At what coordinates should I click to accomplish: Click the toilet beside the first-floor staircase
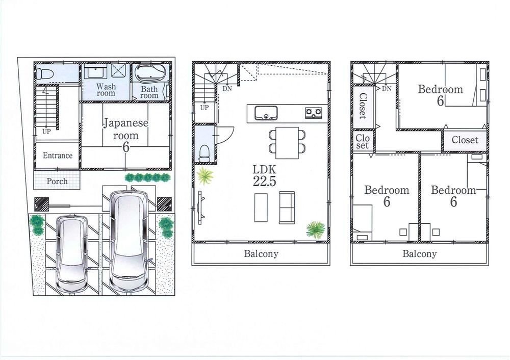pyautogui.click(x=44, y=74)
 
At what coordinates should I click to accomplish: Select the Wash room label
pyautogui.click(x=106, y=90)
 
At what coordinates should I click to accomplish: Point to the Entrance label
pyautogui.click(x=58, y=156)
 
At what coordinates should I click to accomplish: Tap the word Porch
pyautogui.click(x=57, y=181)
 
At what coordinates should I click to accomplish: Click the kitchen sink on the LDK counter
pyautogui.click(x=266, y=113)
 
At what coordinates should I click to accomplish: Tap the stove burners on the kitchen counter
pyautogui.click(x=313, y=113)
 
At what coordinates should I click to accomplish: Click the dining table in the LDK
pyautogui.click(x=287, y=143)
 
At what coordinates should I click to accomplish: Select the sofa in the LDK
pyautogui.click(x=287, y=208)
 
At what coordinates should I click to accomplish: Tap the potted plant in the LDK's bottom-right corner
pyautogui.click(x=316, y=229)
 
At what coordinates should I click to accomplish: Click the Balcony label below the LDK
pyautogui.click(x=261, y=253)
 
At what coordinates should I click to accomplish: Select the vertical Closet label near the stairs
pyautogui.click(x=363, y=106)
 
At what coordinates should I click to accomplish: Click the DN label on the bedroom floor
pyautogui.click(x=387, y=88)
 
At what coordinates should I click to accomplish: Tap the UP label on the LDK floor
pyautogui.click(x=205, y=108)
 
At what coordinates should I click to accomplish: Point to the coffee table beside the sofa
pyautogui.click(x=261, y=208)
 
